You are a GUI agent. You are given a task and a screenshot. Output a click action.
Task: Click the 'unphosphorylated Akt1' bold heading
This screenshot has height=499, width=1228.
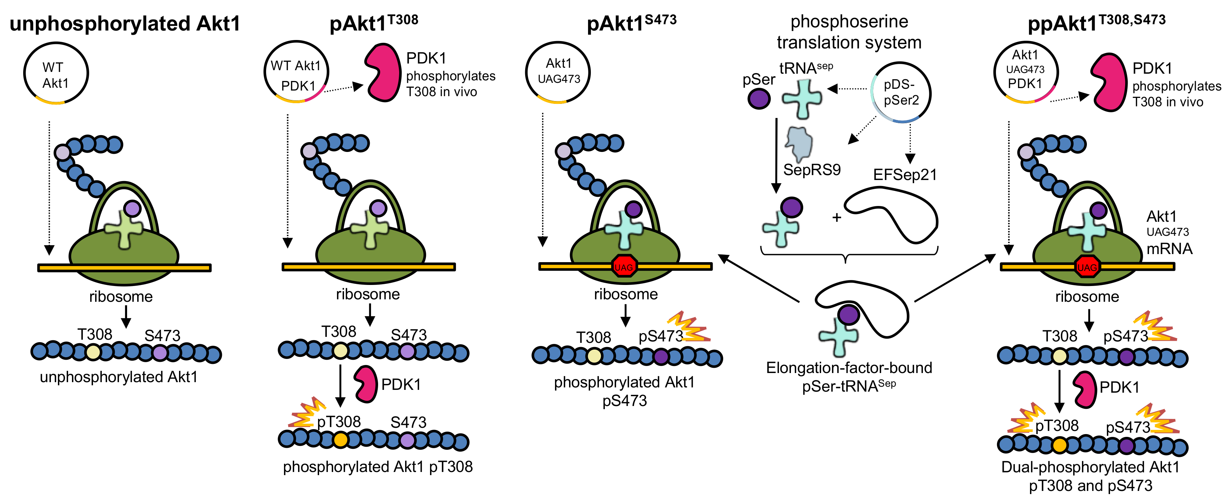pyautogui.click(x=125, y=24)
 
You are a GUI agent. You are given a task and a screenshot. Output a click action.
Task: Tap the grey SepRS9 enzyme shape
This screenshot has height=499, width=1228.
pyautogui.click(x=799, y=144)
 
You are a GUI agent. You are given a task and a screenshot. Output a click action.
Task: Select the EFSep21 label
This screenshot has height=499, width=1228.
pyautogui.click(x=905, y=175)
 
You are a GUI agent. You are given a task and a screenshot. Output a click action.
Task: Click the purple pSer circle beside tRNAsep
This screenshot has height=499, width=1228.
pyautogui.click(x=759, y=99)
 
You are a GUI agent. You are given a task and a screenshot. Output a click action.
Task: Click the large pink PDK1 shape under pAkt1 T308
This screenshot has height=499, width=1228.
pyautogui.click(x=383, y=72)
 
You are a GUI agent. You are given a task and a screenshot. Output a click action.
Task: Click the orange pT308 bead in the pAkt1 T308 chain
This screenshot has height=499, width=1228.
pyautogui.click(x=341, y=439)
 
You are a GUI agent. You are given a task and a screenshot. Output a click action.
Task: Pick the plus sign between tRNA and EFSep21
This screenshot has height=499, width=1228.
pyautogui.click(x=837, y=218)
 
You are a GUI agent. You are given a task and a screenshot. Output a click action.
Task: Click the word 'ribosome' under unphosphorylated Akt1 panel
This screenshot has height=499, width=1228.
pyautogui.click(x=121, y=297)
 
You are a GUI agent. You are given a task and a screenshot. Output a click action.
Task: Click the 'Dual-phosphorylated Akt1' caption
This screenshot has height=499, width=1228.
pyautogui.click(x=1090, y=467)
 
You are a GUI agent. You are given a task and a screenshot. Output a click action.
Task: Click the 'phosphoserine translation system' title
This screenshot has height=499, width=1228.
pyautogui.click(x=849, y=32)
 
